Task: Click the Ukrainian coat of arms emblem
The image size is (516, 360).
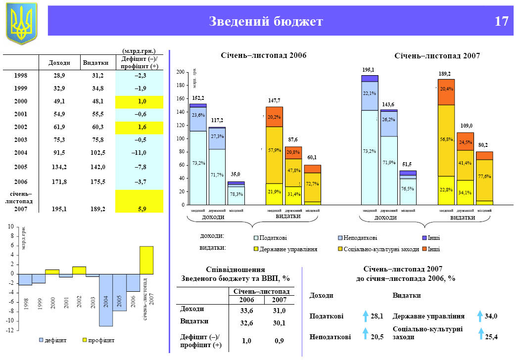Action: coord(21,22)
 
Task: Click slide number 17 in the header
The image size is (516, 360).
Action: coord(501,22)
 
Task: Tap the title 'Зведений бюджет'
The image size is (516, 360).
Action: coord(266,22)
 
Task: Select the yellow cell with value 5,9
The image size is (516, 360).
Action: coord(141,209)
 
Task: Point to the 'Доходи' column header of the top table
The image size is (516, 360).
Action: coord(59,63)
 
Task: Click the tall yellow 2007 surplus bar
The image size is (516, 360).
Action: coord(146,260)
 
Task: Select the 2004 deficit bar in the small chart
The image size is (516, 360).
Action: coord(106,300)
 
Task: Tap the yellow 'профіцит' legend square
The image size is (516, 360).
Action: coord(85,340)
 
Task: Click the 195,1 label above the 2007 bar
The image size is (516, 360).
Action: coord(369,70)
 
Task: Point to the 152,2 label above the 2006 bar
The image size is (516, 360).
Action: coord(198,98)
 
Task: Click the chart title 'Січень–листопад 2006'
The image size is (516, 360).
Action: coord(263,55)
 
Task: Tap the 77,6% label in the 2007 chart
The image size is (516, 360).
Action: coord(485,176)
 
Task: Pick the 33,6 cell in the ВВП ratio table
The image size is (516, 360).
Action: coord(246,311)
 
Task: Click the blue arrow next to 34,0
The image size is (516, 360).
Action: coord(480,316)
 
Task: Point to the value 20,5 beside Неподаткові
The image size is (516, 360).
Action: coord(377,337)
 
